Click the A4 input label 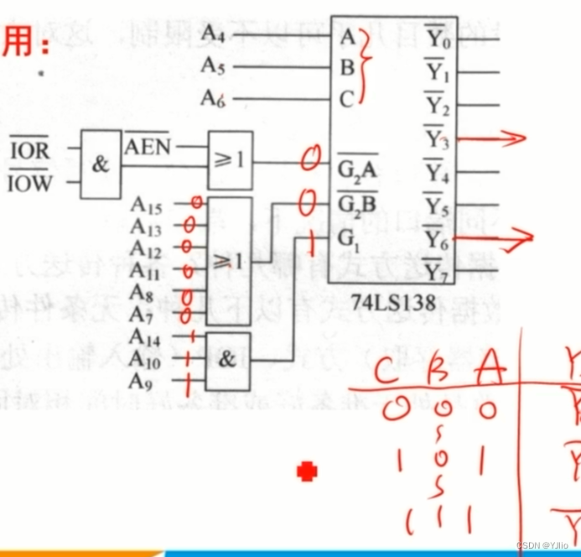(212, 34)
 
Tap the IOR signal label (29, 152)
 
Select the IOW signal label (29, 183)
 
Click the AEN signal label (148, 148)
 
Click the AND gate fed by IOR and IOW (101, 164)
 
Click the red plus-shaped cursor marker (308, 472)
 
